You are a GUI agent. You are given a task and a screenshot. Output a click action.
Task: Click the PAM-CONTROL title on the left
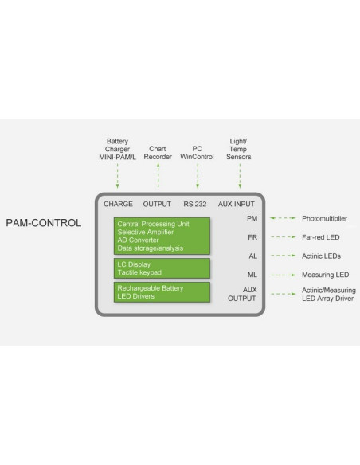(x=43, y=223)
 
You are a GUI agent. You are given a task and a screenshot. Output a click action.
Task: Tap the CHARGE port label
(x=118, y=204)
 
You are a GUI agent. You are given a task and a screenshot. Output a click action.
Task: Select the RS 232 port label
(x=195, y=204)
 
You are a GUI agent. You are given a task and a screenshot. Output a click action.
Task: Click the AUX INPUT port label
(x=236, y=204)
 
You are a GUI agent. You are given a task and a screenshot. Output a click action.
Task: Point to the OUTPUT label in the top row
(x=157, y=204)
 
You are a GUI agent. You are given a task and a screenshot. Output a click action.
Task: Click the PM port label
(x=252, y=217)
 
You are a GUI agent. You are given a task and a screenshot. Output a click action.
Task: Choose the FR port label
(x=252, y=236)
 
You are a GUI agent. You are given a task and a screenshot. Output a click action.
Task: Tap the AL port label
(x=252, y=256)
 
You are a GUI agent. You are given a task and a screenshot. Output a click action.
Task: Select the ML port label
(x=252, y=275)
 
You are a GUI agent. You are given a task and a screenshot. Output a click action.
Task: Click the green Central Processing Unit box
(x=162, y=235)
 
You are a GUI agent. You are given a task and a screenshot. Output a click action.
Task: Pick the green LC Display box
(x=162, y=268)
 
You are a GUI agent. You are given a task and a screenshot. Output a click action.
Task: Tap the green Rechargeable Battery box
(x=162, y=292)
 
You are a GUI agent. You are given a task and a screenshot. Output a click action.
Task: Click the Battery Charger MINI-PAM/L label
(x=118, y=149)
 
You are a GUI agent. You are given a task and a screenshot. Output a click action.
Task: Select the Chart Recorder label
(x=158, y=153)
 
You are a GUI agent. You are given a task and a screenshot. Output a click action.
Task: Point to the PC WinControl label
(x=197, y=153)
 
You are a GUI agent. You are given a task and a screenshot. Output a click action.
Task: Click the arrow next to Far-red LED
(x=282, y=236)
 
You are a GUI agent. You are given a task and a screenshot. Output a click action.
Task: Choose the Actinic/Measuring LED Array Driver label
(x=327, y=294)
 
